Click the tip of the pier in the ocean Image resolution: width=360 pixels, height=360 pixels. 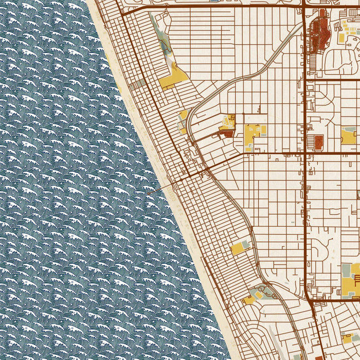click(148, 193)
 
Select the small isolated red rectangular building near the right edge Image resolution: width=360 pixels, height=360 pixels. click(318, 140)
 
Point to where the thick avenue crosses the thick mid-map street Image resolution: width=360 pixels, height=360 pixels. click(305, 153)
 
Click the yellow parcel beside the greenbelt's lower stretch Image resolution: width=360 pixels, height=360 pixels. click(240, 248)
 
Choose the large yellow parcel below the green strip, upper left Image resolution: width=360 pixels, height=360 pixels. click(173, 77)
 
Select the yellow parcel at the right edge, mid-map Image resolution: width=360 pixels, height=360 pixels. click(349, 136)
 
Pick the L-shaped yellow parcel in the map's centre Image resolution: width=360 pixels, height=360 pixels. click(253, 135)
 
